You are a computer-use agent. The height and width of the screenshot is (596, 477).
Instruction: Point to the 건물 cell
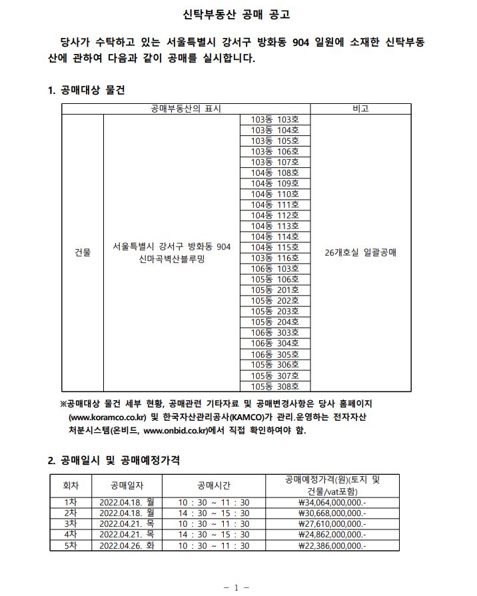(83, 253)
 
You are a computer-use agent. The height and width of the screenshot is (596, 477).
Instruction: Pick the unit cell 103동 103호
(275, 120)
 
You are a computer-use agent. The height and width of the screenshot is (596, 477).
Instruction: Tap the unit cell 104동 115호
(275, 248)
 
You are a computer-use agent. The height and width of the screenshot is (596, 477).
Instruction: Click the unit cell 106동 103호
(275, 269)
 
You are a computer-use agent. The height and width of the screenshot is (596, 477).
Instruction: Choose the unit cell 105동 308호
(275, 386)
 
